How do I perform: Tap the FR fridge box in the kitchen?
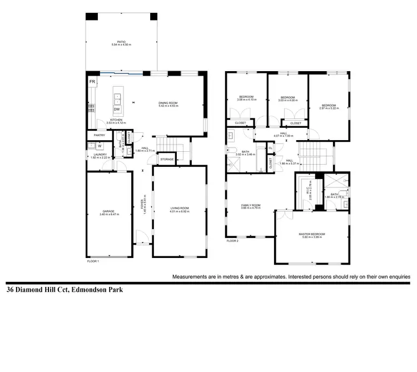click(x=92, y=82)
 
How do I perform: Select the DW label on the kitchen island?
click(x=117, y=109)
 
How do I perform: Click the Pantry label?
click(x=100, y=135)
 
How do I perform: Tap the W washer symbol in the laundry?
click(x=100, y=146)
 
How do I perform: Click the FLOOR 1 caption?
click(x=93, y=261)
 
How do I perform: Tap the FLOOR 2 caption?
click(x=232, y=241)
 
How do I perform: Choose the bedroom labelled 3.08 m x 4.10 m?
click(x=246, y=98)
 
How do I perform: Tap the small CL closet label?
click(x=271, y=148)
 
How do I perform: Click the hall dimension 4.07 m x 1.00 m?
click(x=284, y=136)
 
